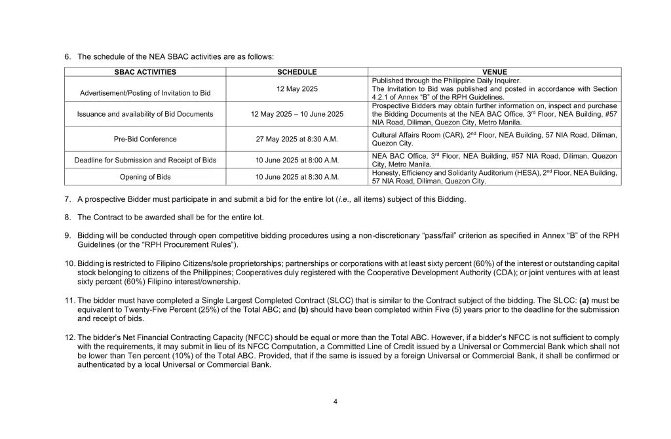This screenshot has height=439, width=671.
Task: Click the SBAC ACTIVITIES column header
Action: click(145, 72)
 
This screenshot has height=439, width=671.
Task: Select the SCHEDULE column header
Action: click(297, 72)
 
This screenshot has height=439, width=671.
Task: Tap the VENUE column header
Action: click(495, 72)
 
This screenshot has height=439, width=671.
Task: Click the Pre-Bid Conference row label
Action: click(145, 139)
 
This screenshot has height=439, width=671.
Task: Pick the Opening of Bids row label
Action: click(145, 177)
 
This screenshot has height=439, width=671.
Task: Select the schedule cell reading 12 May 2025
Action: click(297, 88)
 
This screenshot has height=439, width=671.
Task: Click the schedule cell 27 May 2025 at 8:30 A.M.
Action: click(297, 139)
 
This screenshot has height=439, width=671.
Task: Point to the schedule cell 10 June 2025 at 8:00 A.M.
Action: click(297, 160)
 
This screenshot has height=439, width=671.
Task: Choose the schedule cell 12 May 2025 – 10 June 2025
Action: click(297, 114)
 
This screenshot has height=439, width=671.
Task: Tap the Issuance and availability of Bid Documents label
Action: click(145, 114)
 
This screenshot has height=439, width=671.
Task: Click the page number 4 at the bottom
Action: click(335, 402)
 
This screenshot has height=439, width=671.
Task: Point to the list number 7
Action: click(67, 199)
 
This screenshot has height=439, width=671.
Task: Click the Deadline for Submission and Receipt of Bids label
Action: click(145, 160)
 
